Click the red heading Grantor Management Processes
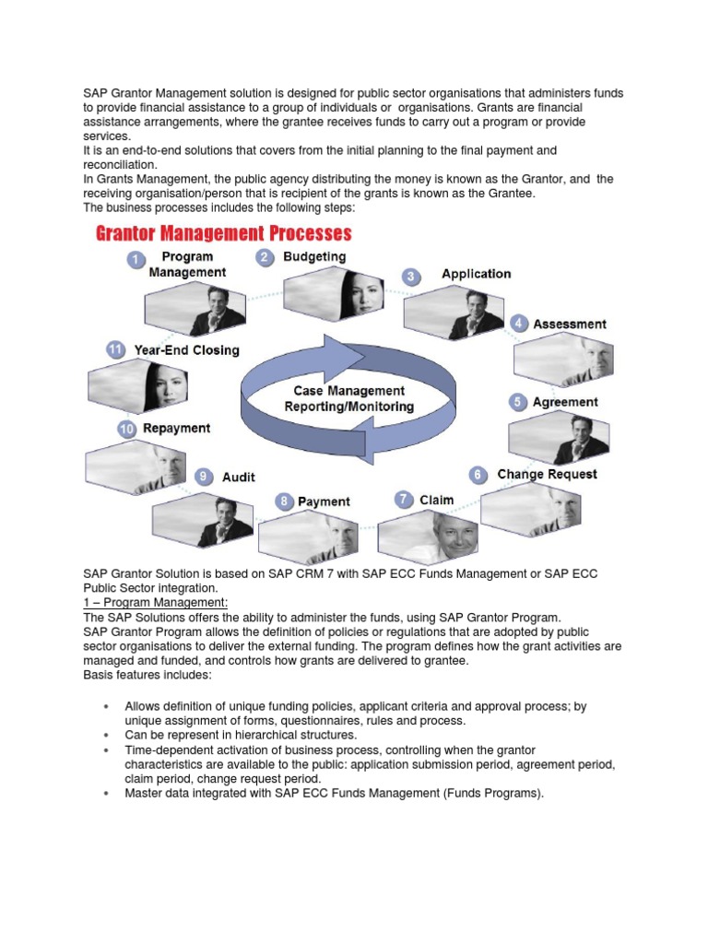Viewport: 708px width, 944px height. coord(224,232)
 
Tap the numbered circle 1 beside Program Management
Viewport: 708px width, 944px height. coord(136,261)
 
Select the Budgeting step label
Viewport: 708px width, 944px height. coord(314,257)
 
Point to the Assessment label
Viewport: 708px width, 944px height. coord(569,324)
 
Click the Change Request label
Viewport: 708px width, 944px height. coord(547,475)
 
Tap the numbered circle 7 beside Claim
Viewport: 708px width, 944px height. coord(404,500)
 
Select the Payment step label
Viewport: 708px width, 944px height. coord(324,501)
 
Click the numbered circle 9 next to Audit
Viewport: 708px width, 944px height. coord(204,477)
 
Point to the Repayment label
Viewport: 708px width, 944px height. coord(176,429)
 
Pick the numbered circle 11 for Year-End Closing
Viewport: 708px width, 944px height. coord(115,350)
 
